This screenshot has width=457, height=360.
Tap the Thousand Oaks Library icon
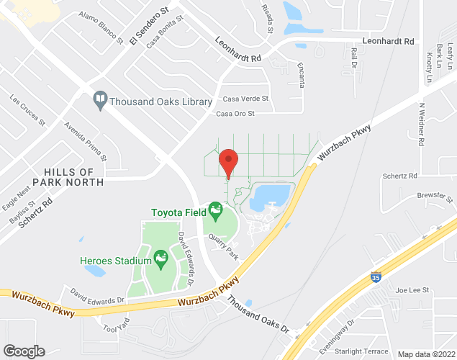[x=101, y=102]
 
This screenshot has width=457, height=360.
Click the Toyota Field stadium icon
[x=214, y=211]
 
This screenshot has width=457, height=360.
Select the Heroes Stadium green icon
[x=160, y=256]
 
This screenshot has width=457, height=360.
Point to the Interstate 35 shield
[x=376, y=276]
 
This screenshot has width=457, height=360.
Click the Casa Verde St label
[x=245, y=99]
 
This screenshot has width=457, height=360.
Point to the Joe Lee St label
[x=412, y=290]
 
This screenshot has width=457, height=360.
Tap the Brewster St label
[x=433, y=197]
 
